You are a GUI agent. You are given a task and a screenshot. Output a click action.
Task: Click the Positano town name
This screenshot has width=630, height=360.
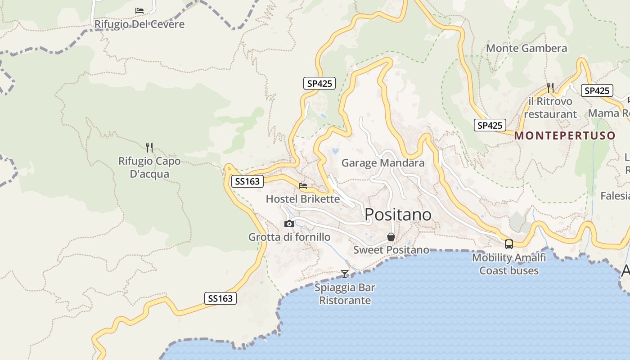(x=398, y=215)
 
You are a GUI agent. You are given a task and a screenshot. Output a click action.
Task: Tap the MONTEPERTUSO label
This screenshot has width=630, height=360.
(x=565, y=135)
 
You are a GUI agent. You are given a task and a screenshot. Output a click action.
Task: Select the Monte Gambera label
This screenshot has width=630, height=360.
(x=526, y=48)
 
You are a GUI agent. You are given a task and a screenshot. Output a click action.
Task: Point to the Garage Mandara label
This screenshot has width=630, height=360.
(x=383, y=163)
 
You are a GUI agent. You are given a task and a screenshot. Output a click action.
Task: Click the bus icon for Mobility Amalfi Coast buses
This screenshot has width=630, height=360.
(x=509, y=244)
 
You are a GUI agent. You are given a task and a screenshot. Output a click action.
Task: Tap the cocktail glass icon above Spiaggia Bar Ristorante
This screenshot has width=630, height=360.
(x=345, y=274)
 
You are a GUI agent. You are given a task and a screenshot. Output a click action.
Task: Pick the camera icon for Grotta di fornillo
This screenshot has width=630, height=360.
(x=289, y=224)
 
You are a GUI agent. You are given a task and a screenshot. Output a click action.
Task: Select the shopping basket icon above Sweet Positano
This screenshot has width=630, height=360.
(x=391, y=237)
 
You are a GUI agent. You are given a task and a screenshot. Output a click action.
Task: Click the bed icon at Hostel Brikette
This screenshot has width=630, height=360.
(x=303, y=185)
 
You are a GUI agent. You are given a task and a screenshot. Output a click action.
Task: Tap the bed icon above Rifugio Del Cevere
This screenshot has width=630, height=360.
(x=139, y=10)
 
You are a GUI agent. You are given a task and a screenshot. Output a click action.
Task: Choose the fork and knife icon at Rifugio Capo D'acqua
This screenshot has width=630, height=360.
(x=149, y=147)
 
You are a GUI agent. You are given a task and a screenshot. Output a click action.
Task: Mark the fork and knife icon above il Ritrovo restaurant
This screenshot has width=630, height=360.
(x=550, y=87)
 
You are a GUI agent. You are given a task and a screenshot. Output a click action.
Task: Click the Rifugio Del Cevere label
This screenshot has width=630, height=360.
(x=139, y=24)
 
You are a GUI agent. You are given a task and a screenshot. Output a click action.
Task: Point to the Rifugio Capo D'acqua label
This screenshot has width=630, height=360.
(x=149, y=167)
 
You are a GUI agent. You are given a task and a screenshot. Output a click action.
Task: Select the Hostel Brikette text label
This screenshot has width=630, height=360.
(x=303, y=199)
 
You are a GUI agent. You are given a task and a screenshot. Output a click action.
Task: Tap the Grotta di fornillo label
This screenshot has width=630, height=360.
(x=289, y=237)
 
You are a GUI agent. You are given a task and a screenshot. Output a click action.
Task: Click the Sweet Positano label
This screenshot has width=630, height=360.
(x=391, y=250)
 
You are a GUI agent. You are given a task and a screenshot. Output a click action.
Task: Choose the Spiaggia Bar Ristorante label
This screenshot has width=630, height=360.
(x=345, y=294)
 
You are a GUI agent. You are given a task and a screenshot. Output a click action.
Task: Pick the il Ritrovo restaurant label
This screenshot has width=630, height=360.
(x=550, y=108)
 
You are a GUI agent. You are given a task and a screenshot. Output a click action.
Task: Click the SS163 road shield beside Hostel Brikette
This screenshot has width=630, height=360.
(x=247, y=181)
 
